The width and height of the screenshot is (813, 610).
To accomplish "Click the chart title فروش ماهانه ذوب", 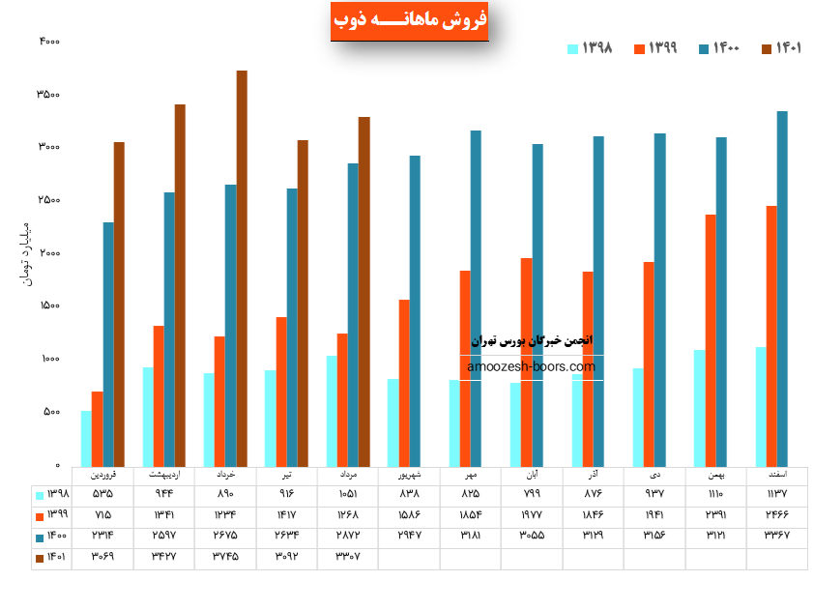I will [409, 20].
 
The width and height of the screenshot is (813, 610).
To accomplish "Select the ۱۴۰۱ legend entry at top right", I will [781, 48].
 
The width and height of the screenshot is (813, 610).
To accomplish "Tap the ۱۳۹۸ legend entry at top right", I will [590, 48].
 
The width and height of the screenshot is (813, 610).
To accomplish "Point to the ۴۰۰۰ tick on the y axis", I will [49, 42].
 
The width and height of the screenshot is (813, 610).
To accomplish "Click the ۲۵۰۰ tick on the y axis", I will [49, 200].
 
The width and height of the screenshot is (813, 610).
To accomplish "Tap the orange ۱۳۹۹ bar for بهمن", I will [711, 339].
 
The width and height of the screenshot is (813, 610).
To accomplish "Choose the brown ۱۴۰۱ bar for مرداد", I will [364, 291].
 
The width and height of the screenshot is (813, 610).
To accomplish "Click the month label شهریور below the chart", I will [409, 476].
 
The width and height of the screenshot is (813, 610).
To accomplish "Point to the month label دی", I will [655, 476].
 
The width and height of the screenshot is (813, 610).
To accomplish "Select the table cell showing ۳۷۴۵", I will [224, 556].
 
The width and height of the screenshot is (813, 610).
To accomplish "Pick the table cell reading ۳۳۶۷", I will [776, 535].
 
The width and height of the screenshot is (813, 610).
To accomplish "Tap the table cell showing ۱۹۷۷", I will [532, 514].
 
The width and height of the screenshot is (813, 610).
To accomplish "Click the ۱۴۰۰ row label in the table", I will [50, 535].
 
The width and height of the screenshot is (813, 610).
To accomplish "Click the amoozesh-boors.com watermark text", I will [532, 367].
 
